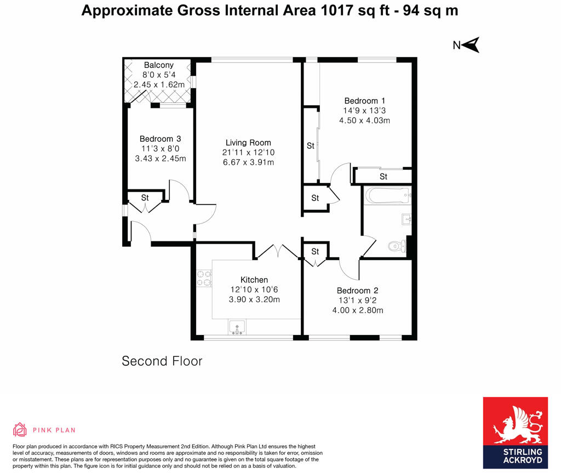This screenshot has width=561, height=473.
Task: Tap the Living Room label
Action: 248,143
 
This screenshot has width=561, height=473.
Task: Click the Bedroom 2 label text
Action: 357,291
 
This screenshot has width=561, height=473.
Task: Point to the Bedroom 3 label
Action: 160,139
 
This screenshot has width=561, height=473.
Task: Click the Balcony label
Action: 158,65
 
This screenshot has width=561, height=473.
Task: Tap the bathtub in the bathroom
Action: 387,195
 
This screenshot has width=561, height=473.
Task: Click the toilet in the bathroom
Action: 396,246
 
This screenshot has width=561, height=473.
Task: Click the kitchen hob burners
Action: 204,278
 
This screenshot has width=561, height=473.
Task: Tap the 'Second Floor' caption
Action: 162,361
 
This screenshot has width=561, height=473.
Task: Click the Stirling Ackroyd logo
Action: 514,432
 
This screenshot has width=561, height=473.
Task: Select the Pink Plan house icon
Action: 20,430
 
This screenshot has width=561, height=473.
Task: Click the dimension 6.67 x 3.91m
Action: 248,163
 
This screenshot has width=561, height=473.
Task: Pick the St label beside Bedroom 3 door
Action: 145,198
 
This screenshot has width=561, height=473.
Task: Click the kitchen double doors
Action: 277,251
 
